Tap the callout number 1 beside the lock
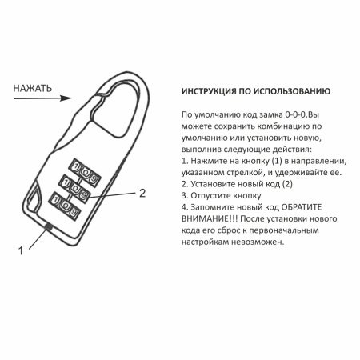tap(21, 249)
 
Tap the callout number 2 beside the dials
tap(142, 193)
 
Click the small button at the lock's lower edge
tap(48, 227)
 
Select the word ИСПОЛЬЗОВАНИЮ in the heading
tap(286, 91)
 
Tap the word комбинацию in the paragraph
tap(279, 126)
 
